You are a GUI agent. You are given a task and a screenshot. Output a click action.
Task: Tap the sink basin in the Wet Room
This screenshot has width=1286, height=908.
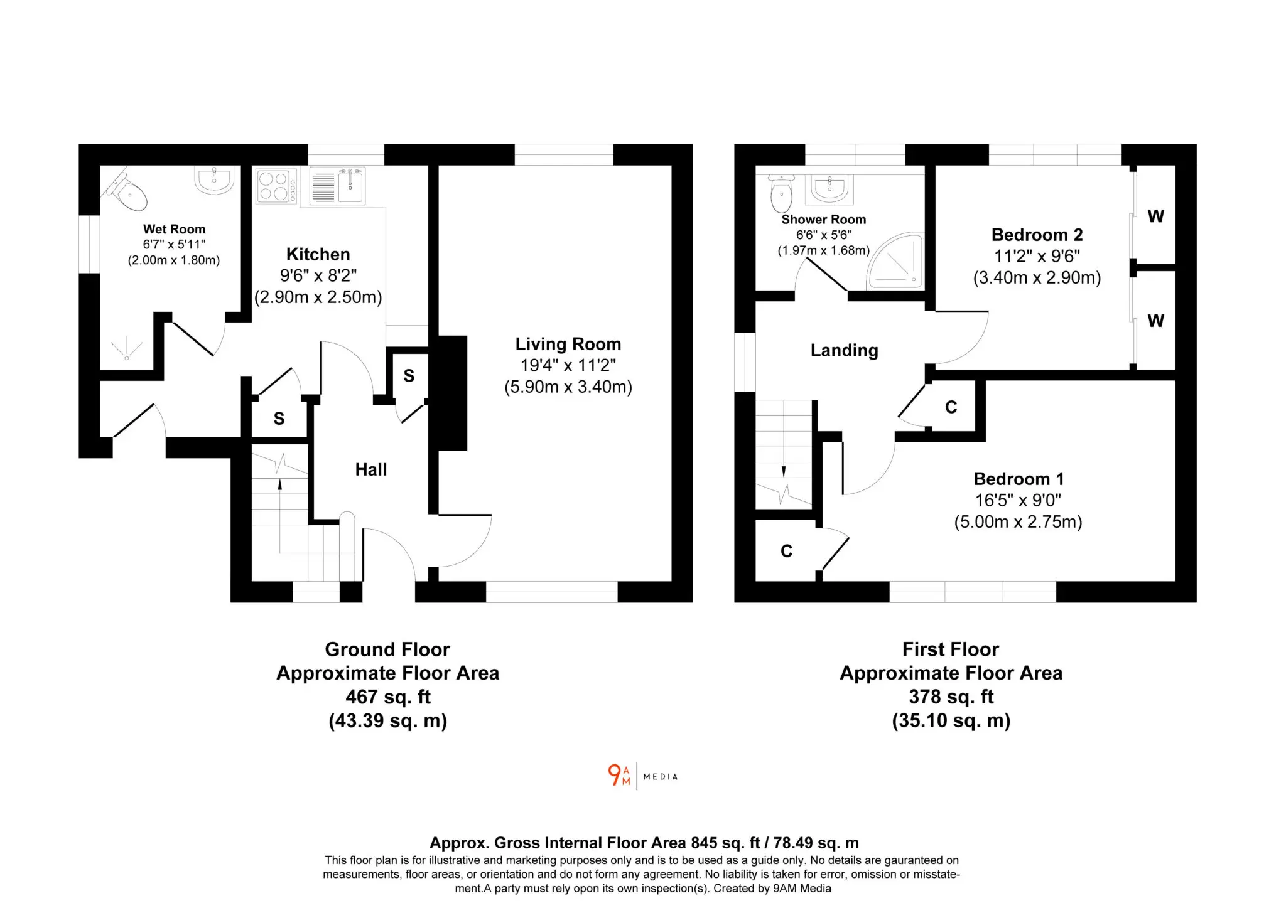click(215, 180)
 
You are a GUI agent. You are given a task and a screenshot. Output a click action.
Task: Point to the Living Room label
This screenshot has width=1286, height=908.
click(568, 344)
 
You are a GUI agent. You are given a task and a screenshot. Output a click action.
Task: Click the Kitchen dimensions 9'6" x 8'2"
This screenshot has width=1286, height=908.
click(318, 275)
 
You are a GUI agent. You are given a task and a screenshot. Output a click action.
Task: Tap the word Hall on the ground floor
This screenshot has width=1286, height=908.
click(371, 469)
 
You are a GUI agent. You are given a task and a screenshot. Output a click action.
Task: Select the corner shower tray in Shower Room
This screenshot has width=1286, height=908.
click(896, 262)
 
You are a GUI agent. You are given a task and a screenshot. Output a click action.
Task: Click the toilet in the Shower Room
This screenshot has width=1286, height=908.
click(781, 194)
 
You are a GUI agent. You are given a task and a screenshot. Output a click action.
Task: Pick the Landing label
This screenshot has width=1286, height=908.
click(845, 350)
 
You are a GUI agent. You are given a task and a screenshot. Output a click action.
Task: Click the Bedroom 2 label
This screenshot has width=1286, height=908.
click(1037, 235)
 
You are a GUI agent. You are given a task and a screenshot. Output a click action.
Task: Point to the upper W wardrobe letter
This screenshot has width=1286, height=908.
click(1156, 216)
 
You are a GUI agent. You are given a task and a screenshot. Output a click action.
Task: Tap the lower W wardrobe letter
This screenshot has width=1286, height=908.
click(1156, 321)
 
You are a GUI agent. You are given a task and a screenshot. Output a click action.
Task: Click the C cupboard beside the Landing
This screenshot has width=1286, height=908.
click(951, 407)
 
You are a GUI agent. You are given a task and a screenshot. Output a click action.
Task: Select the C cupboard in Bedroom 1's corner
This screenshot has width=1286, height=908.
click(787, 551)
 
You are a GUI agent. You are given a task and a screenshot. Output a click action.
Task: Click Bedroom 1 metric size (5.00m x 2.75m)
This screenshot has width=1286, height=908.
click(1019, 522)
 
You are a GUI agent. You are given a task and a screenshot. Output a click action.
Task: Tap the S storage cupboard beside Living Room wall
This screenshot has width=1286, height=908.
click(409, 376)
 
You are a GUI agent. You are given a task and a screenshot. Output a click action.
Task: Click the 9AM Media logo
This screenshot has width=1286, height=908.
click(643, 776)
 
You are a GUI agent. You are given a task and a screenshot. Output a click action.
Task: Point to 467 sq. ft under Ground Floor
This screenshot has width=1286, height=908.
click(388, 697)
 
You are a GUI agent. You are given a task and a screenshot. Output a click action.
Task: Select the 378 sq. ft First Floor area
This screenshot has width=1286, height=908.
click(951, 697)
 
